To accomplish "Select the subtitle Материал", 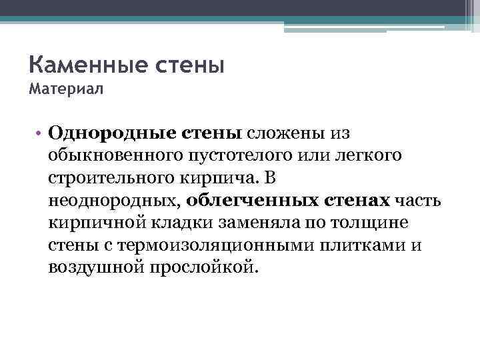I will (66, 89).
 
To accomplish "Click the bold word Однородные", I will (111, 132).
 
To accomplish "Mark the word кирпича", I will (221, 178).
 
